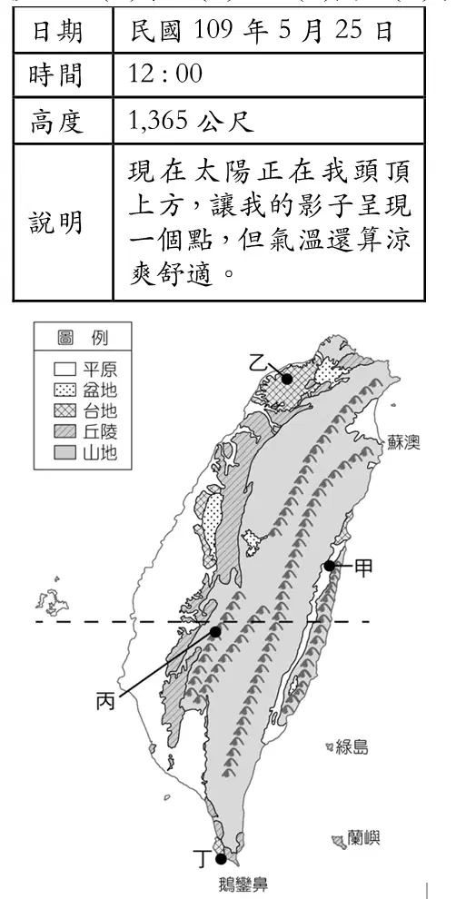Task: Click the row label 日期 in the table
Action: point(57,30)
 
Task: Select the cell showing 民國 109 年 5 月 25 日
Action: point(262,30)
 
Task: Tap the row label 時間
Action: point(57,75)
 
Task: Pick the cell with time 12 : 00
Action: point(165,74)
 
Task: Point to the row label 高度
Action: point(57,121)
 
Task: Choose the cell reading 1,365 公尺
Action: point(192,121)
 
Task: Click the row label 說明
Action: point(57,222)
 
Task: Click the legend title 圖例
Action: point(82,337)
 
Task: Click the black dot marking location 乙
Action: point(287,379)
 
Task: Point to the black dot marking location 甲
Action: point(329,566)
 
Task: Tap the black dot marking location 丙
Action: point(215,632)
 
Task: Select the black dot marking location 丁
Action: point(221,859)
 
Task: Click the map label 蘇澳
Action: point(403,443)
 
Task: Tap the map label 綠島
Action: point(352,747)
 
